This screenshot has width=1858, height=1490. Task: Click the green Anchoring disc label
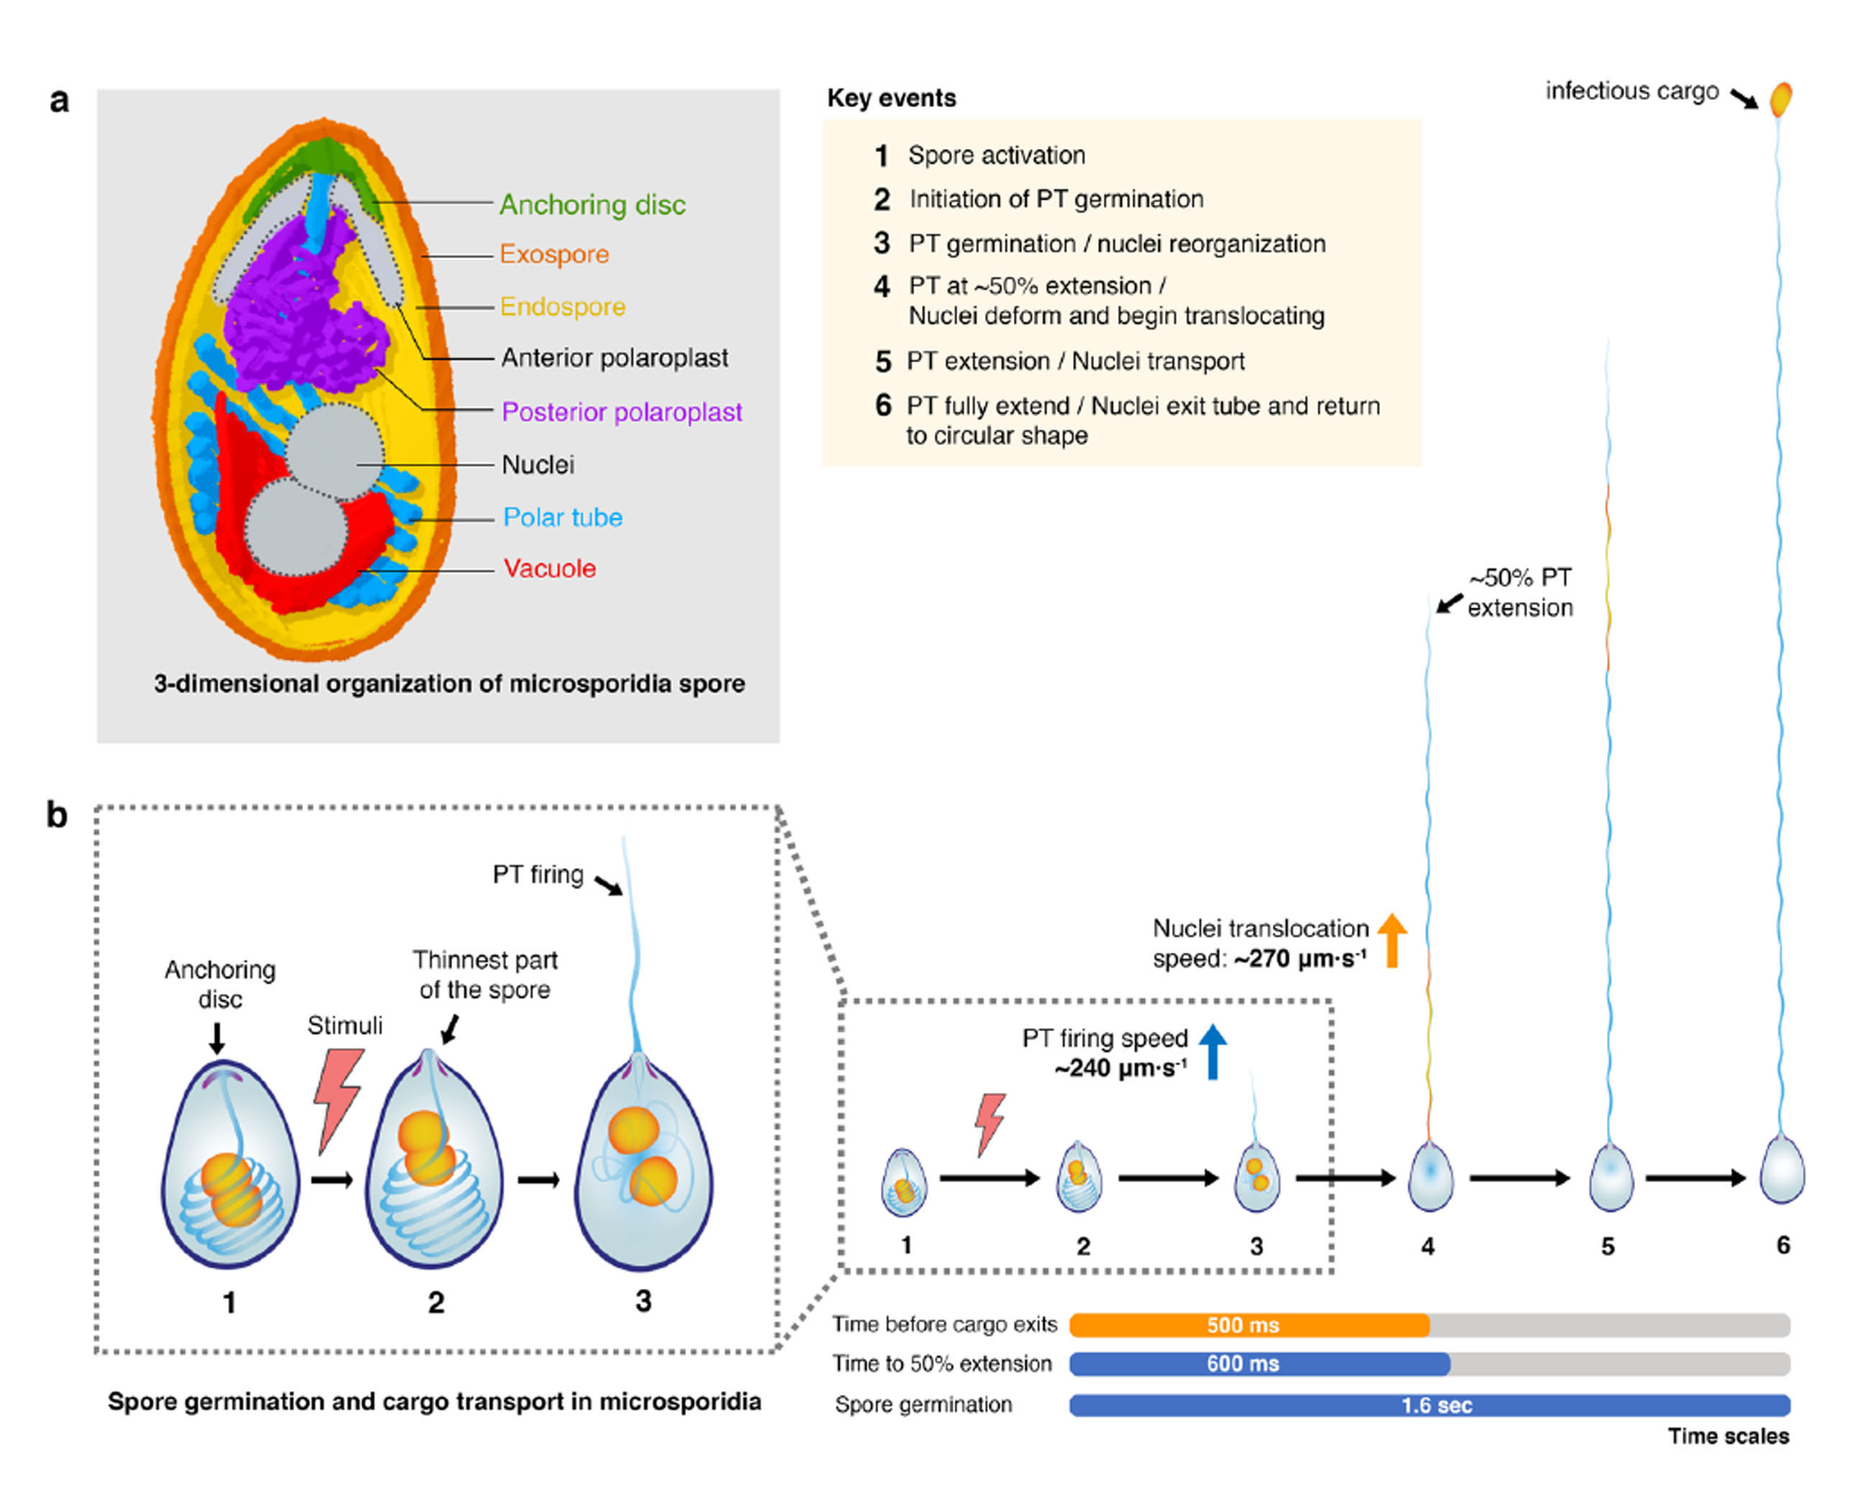click(592, 205)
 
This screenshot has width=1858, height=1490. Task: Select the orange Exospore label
click(554, 255)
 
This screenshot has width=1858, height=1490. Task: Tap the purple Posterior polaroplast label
click(621, 412)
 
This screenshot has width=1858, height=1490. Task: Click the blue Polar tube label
click(563, 517)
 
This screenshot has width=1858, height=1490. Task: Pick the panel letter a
click(58, 101)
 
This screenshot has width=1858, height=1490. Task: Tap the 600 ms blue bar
click(1259, 1364)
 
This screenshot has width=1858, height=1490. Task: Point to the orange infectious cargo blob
click(1780, 99)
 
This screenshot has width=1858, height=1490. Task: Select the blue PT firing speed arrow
click(1212, 1051)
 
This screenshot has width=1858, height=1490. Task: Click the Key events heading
click(891, 99)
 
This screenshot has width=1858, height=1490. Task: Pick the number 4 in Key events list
click(881, 287)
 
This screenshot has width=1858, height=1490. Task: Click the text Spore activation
click(996, 155)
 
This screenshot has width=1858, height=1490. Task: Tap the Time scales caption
click(1728, 1437)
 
